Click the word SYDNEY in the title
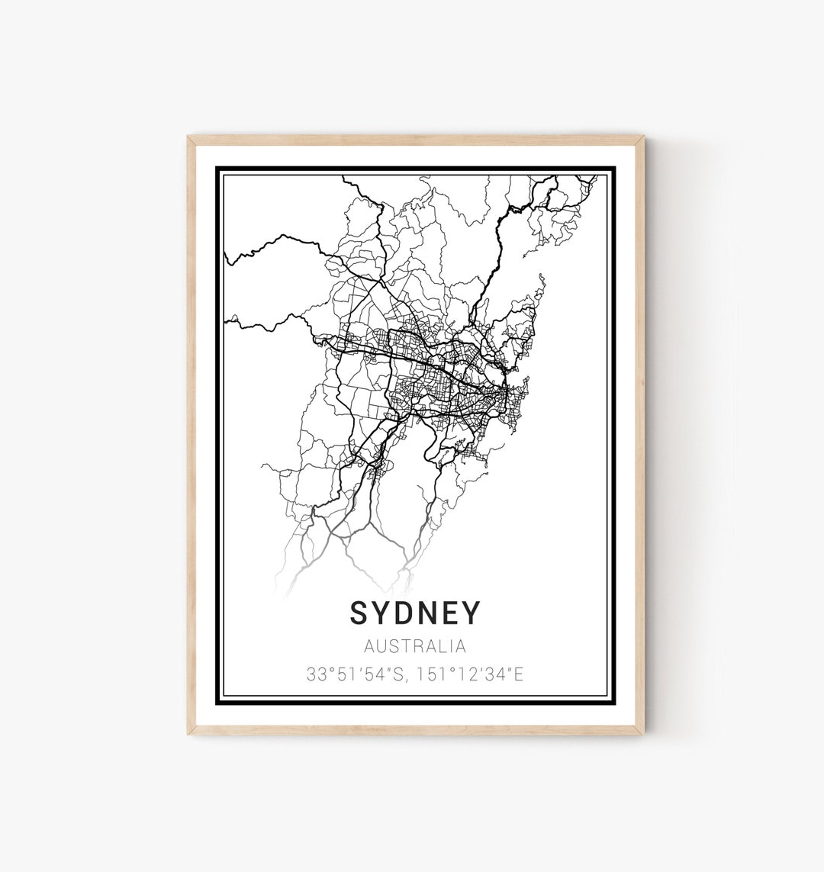click(x=416, y=613)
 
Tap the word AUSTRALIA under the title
click(x=415, y=647)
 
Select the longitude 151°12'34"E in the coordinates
click(x=465, y=674)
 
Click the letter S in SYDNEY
click(x=359, y=613)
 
